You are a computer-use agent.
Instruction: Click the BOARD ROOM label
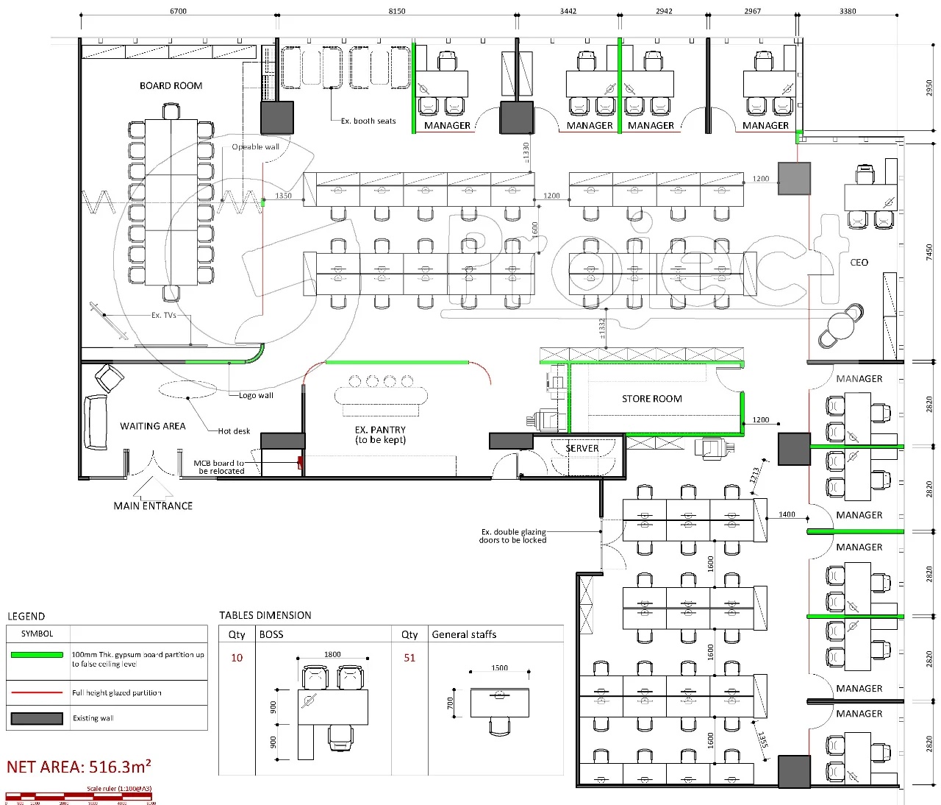[171, 86]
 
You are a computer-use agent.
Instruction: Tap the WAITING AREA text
[153, 426]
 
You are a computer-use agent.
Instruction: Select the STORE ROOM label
[651, 399]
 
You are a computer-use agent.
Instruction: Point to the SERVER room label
[582, 448]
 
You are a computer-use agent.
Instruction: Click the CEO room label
[859, 263]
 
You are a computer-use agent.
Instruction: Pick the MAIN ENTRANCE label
[153, 506]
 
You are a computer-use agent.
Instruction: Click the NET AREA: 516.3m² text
[79, 767]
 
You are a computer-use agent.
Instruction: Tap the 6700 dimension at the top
[178, 11]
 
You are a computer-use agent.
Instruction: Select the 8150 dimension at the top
[396, 11]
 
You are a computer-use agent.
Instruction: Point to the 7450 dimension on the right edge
[929, 252]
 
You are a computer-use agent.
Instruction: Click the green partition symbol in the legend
[37, 655]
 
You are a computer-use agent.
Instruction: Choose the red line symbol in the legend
[37, 692]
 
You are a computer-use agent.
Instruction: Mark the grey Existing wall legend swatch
[37, 718]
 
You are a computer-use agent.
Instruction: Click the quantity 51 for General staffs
[409, 658]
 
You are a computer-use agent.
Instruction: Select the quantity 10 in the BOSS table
[237, 658]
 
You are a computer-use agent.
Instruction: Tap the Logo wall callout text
[256, 395]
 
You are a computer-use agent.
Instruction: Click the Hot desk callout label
[234, 431]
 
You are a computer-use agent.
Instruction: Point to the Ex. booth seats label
[368, 121]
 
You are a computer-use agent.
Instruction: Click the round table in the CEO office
[840, 325]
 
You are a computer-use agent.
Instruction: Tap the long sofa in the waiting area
[96, 422]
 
